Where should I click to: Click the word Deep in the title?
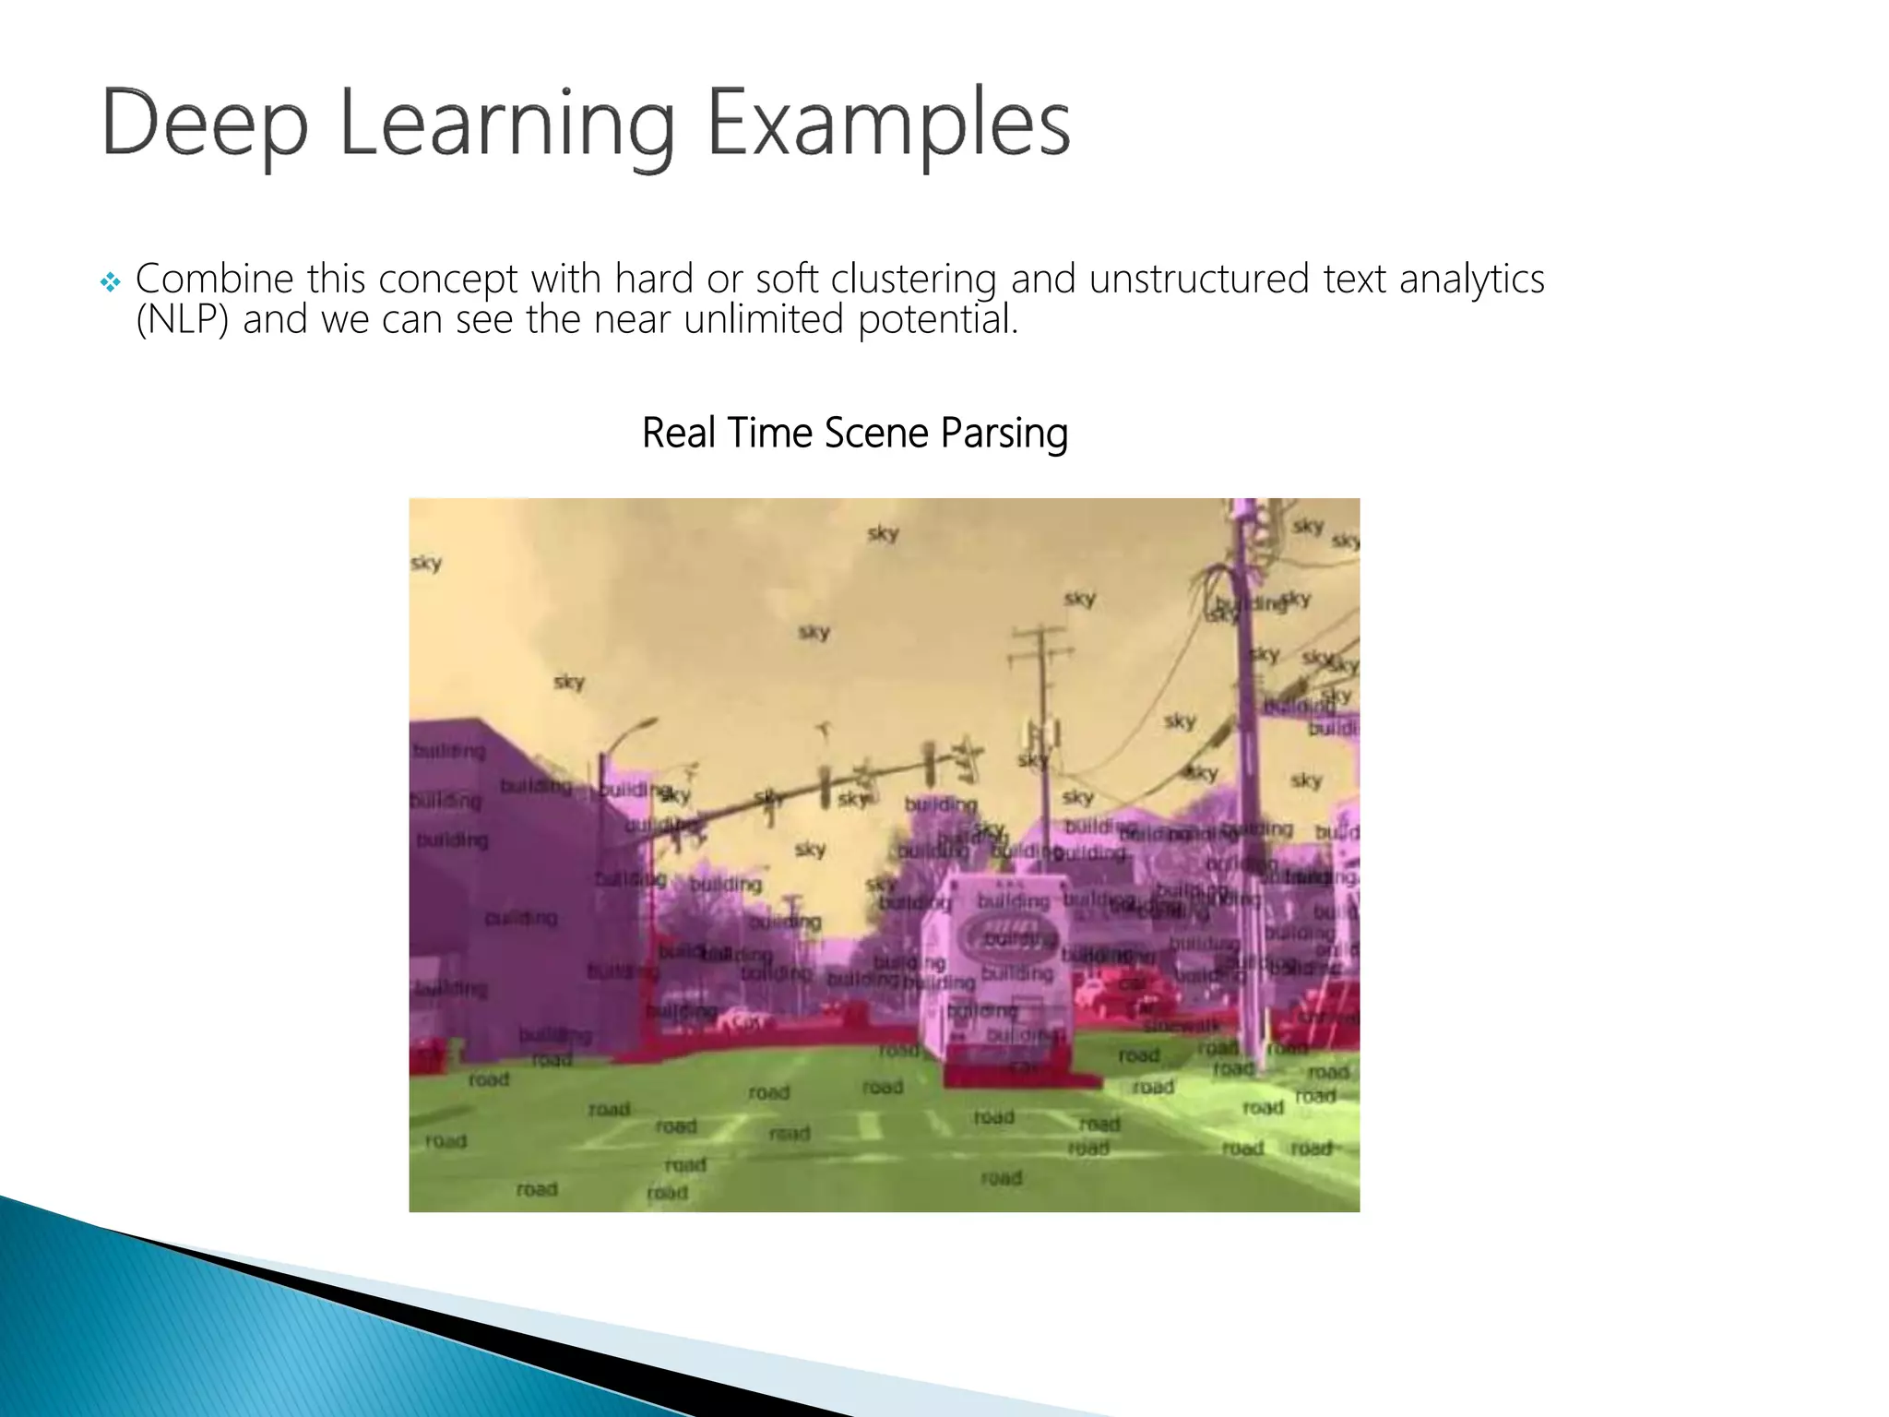[x=204, y=124]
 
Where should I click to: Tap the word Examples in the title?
[x=888, y=124]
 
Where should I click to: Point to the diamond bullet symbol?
[x=111, y=282]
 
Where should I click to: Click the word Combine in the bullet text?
[x=214, y=279]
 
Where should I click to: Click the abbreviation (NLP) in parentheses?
[x=182, y=320]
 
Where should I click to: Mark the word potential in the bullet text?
[x=937, y=320]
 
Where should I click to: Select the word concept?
[x=448, y=279]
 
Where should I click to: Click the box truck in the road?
[x=1005, y=978]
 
